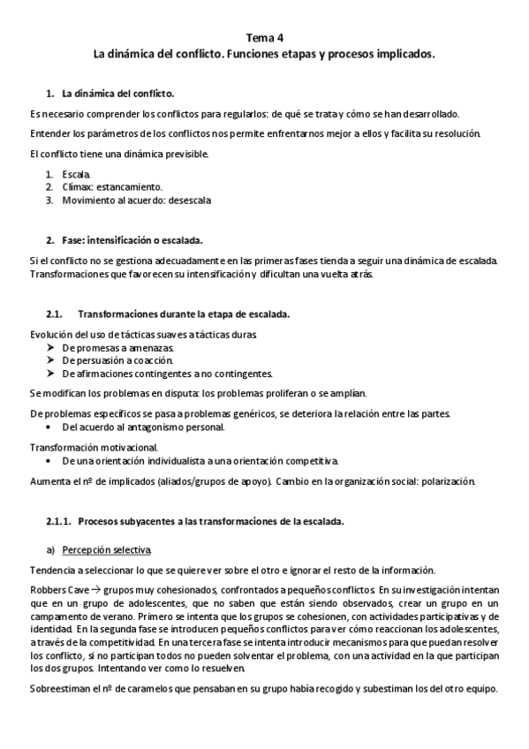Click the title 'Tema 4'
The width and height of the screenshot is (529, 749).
coord(264,40)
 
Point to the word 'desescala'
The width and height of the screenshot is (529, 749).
coord(189,200)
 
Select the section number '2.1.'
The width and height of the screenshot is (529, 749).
coord(56,314)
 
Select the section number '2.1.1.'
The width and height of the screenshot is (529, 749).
coord(60,521)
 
